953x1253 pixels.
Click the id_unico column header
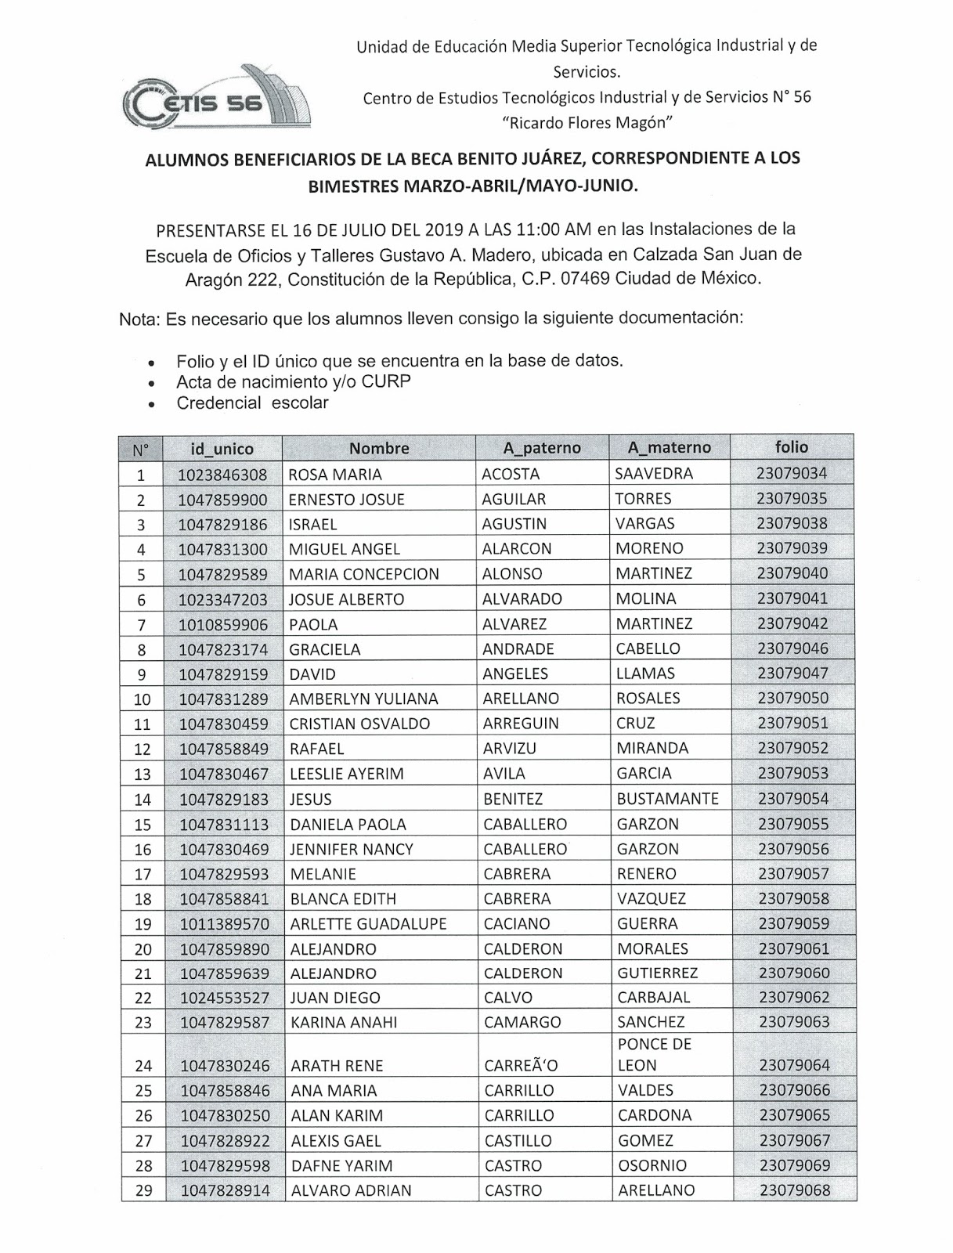(222, 449)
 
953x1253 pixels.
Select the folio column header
(792, 446)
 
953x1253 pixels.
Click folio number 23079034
(792, 473)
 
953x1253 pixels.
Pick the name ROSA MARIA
(335, 474)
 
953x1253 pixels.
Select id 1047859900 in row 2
(222, 500)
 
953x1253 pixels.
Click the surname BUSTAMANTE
(667, 799)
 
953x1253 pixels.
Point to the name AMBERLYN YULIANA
(363, 699)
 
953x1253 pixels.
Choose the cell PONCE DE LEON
(655, 1054)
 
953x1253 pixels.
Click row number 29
(144, 1190)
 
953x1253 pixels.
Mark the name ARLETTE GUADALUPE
(368, 923)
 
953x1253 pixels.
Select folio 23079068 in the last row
(794, 1190)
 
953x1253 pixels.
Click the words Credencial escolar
(252, 403)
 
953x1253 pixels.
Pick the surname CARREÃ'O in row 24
(521, 1066)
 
